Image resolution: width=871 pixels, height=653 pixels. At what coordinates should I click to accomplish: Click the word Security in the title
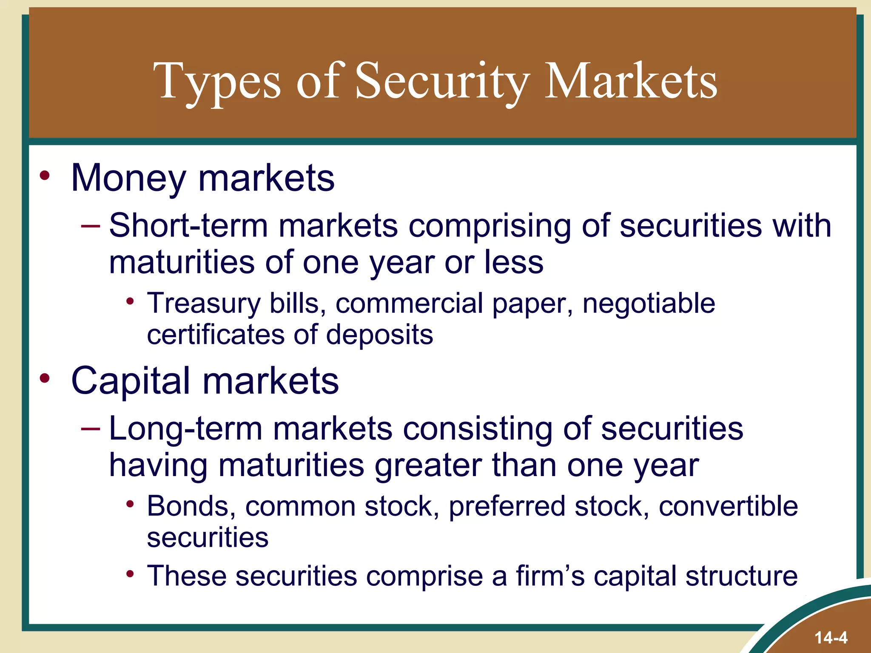[x=442, y=81]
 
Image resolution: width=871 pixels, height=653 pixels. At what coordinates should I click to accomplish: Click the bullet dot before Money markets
[x=45, y=175]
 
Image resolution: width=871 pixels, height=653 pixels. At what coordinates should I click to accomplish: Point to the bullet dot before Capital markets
[x=45, y=378]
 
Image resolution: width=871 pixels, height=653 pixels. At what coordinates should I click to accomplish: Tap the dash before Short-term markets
[x=91, y=226]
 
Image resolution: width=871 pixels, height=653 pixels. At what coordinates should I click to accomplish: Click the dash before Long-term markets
[x=91, y=429]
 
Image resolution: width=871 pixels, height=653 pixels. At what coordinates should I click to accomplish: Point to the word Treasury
[x=203, y=304]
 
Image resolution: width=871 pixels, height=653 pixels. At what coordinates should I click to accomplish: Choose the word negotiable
[x=649, y=304]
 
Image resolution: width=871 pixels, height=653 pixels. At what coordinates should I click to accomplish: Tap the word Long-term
[x=185, y=428]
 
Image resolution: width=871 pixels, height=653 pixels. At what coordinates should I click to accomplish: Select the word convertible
[x=728, y=506]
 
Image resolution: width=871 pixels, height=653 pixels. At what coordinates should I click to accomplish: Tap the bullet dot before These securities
[x=130, y=574]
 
